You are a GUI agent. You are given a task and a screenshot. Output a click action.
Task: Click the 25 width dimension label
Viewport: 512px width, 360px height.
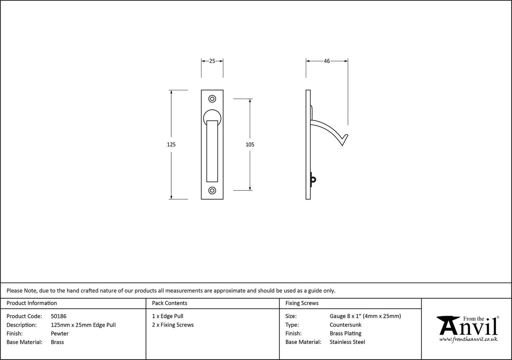(x=212, y=61)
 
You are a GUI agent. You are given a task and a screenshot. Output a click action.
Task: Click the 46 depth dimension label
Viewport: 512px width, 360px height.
(x=327, y=61)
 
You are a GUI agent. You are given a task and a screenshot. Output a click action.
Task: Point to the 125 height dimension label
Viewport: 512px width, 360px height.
(x=171, y=144)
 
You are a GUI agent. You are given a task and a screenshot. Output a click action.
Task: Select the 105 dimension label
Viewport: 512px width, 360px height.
(x=250, y=144)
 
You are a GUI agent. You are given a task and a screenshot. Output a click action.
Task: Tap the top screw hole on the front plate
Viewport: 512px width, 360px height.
(x=212, y=99)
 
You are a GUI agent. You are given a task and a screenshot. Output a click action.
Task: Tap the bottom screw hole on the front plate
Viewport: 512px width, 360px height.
(x=212, y=190)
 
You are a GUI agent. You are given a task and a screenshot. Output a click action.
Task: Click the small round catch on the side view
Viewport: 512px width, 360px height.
(x=313, y=180)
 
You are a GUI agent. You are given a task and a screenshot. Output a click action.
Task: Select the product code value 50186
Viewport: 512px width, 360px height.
(x=59, y=316)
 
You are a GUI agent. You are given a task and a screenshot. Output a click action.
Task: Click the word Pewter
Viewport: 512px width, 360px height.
(x=59, y=333)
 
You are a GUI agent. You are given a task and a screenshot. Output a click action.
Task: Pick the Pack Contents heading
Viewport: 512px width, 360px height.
(x=170, y=303)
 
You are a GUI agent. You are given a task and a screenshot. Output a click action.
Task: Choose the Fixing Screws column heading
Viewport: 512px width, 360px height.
(x=302, y=303)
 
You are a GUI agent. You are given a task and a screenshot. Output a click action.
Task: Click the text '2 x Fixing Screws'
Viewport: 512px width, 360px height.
(x=173, y=325)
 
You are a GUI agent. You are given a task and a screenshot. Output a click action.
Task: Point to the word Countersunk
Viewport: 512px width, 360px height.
(x=345, y=325)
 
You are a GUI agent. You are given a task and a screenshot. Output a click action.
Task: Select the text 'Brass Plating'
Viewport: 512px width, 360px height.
(x=345, y=333)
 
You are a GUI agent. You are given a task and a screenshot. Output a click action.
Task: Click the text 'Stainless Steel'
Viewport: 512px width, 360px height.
(x=348, y=342)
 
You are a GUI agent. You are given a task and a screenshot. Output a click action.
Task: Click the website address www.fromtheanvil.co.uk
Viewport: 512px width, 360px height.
(x=468, y=339)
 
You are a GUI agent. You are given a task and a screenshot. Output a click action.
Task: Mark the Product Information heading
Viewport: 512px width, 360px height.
(x=32, y=303)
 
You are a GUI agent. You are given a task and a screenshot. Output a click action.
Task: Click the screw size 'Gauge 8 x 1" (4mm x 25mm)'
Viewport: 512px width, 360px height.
(x=365, y=316)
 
